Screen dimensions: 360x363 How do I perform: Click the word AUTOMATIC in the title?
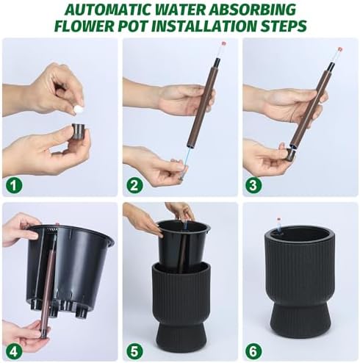pyautogui.click(x=109, y=10)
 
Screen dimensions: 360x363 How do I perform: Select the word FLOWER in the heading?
pyautogui.click(x=84, y=26)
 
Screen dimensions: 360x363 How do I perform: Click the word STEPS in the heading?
pyautogui.click(x=283, y=26)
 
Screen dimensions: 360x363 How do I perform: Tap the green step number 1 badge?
pyautogui.click(x=14, y=185)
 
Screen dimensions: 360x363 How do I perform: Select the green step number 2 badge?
pyautogui.click(x=134, y=185)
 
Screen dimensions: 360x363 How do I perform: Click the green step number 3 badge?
pyautogui.click(x=253, y=185)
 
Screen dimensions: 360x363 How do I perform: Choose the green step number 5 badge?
pyautogui.click(x=134, y=351)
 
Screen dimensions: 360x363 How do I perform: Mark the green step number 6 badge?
pyautogui.click(x=253, y=351)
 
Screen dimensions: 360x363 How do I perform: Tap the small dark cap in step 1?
pyautogui.click(x=78, y=132)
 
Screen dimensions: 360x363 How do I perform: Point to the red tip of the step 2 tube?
pyautogui.click(x=223, y=44)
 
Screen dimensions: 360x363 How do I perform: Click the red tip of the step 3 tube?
pyautogui.click(x=339, y=50)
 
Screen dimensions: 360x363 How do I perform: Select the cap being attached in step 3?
pyautogui.click(x=289, y=154)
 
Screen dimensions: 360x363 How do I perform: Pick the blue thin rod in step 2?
pyautogui.click(x=186, y=161)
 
